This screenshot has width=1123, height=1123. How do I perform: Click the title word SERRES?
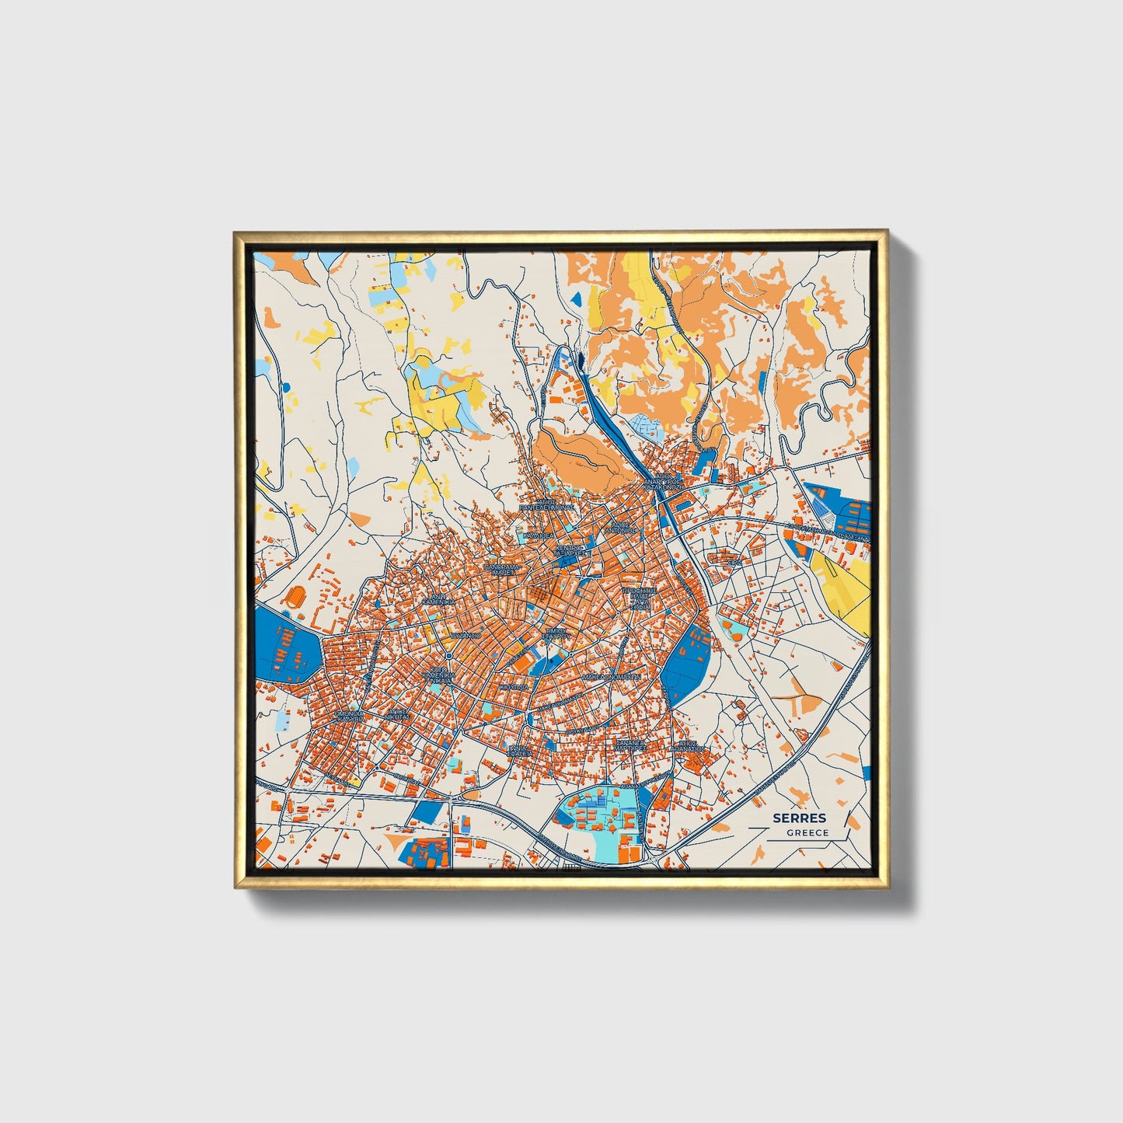click(799, 818)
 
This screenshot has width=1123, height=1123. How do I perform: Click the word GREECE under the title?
click(807, 832)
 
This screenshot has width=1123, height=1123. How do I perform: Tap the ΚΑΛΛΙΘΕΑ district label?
click(538, 535)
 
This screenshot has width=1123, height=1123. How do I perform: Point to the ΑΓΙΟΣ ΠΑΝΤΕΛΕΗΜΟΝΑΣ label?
click(546, 505)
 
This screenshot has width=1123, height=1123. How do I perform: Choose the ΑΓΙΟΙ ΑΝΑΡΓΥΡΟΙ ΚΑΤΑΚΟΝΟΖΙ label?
click(664, 484)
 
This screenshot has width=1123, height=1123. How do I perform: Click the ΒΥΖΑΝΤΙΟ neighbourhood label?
click(465, 635)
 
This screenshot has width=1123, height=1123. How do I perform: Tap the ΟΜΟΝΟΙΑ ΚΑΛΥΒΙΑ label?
click(349, 716)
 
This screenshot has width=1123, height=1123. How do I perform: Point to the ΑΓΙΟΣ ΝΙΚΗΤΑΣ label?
click(398, 713)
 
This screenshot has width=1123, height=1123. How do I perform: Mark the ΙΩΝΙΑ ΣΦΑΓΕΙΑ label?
click(519, 750)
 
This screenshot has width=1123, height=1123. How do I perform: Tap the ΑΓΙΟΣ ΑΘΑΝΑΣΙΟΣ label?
click(691, 746)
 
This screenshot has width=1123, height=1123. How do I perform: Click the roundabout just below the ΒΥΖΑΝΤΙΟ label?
click(449, 655)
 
